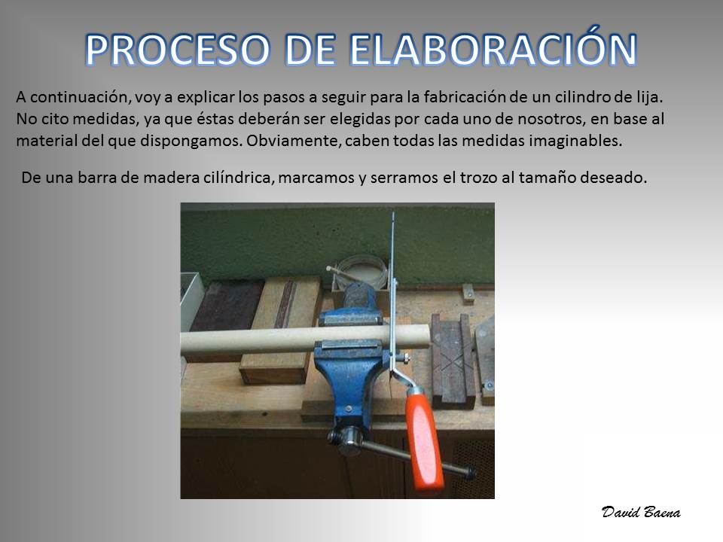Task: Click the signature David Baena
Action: coord(641,512)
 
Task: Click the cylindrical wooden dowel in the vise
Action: coord(304,340)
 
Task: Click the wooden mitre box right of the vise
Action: coord(453,360)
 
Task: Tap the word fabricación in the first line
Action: coord(465,97)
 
